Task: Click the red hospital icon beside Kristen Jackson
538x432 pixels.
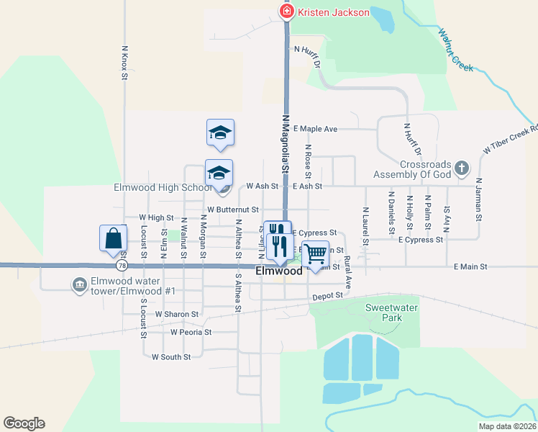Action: point(286,12)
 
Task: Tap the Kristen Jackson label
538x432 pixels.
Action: point(334,12)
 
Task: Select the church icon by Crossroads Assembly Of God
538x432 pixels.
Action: point(462,168)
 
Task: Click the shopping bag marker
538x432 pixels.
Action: point(114,239)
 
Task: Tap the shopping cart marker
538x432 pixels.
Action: point(314,253)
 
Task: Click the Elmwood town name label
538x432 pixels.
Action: point(279,271)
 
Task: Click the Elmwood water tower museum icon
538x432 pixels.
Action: point(78,285)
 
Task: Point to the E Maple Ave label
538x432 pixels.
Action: point(315,129)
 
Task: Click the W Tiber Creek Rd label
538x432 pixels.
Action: point(510,140)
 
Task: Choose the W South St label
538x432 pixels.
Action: point(171,356)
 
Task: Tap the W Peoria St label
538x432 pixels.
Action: point(191,332)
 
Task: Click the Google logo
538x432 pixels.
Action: point(24,423)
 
